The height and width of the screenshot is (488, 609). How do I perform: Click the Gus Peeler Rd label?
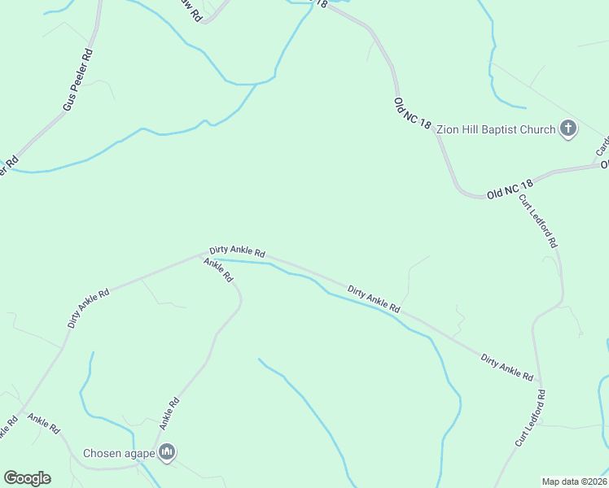pos(79,82)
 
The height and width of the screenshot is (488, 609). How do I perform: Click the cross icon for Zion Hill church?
pos(568,129)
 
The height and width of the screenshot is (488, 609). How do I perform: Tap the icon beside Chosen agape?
pos(167,452)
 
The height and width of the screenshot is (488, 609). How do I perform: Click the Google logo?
pos(27,478)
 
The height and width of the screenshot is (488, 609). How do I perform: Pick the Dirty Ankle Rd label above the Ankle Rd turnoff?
pos(237,253)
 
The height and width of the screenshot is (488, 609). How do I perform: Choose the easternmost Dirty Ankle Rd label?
pos(506,368)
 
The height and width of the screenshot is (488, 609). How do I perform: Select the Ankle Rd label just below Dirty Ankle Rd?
pos(219,269)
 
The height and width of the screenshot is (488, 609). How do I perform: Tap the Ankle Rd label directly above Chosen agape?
pos(169,413)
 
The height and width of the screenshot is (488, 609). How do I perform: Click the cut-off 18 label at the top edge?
pos(322,4)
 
